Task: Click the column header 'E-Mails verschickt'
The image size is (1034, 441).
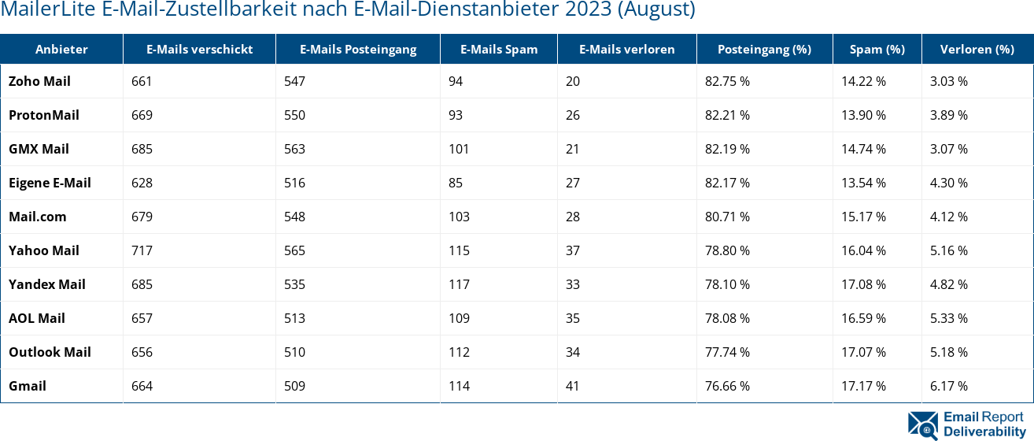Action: click(199, 49)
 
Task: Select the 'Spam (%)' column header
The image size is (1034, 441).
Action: click(877, 49)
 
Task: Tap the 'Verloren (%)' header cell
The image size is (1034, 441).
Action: click(977, 49)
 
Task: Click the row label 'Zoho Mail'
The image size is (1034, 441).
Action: click(39, 81)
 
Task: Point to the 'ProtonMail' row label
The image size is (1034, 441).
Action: click(44, 115)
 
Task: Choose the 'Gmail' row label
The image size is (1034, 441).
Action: click(28, 386)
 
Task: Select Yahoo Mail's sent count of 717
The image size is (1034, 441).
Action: click(142, 250)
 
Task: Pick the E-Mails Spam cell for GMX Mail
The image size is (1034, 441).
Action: click(458, 149)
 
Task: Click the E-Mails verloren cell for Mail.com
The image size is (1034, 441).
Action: click(572, 217)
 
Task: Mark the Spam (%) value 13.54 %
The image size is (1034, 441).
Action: click(863, 183)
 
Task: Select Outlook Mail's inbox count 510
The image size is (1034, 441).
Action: click(294, 352)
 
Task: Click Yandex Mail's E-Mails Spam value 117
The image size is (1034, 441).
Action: click(458, 284)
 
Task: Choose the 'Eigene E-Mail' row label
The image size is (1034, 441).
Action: click(50, 183)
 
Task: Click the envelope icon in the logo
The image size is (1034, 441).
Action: click(922, 423)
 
